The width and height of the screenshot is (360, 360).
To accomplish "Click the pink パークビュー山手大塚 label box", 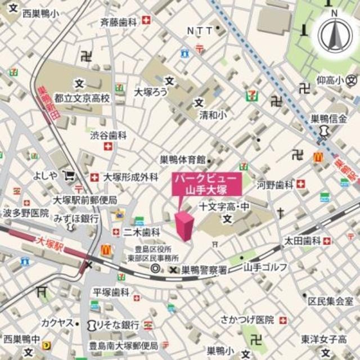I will click(207, 184).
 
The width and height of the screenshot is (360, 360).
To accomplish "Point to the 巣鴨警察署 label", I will click(204, 270).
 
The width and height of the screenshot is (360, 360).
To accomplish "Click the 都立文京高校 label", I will click(85, 98).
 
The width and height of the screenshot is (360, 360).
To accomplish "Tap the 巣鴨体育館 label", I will click(183, 160).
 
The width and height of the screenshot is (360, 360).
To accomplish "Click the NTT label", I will click(200, 30).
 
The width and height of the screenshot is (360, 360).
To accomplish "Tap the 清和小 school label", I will click(212, 115).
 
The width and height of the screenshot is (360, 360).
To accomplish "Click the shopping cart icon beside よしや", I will click(69, 175).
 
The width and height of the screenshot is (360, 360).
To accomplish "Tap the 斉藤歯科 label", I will click(119, 22).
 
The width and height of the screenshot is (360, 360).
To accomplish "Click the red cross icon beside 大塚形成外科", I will click(94, 177).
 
